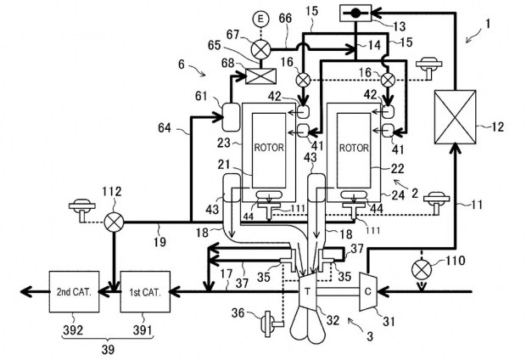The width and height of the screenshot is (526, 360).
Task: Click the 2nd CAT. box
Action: coord(74,292)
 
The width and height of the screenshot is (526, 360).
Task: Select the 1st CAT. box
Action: coord(145,292)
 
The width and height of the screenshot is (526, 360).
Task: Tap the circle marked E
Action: coord(260,20)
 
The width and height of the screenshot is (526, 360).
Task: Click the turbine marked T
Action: coord(308,292)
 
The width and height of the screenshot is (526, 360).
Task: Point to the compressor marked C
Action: coord(368,291)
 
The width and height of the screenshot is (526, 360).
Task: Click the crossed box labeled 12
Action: coord(456,117)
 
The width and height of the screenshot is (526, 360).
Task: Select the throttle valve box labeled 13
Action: coord(355,13)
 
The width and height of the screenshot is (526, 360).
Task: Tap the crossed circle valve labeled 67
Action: coord(260,50)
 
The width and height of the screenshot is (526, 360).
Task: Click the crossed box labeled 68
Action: coord(261,76)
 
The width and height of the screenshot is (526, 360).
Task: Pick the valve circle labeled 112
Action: coord(114,222)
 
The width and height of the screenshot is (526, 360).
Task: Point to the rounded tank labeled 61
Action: coord(231,116)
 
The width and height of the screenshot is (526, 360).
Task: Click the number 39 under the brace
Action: coord(108,350)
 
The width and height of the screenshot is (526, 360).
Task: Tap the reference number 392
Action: coord(73,330)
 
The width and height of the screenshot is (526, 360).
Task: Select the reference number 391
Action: coord(143,330)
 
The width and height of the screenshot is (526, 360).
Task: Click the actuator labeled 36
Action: coord(271,323)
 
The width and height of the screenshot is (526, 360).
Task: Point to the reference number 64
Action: coord(165,128)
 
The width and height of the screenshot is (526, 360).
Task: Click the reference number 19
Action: coord(160,241)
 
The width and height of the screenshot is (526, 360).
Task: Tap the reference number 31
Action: coord(389,322)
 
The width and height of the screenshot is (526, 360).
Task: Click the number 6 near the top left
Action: coord(182,64)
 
